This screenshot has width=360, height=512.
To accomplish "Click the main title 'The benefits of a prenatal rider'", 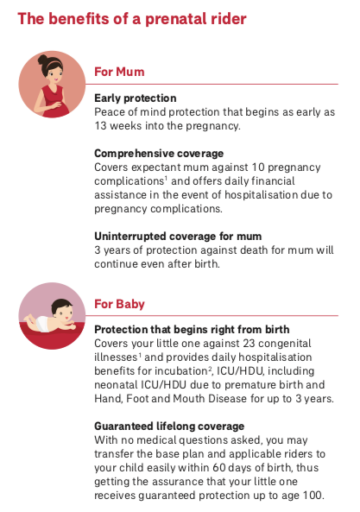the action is tap(132, 19).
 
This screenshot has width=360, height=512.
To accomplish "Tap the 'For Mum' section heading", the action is tap(119, 72).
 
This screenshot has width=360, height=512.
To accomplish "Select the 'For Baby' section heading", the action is tap(119, 304).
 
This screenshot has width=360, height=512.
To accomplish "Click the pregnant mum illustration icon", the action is tap(52, 85).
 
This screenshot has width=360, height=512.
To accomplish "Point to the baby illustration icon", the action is tap(52, 316).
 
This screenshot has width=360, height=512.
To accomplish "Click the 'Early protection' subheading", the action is tap(136, 98).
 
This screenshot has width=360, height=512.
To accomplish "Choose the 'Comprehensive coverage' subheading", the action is tap(159, 154).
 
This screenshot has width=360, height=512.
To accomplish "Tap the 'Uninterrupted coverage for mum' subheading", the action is tap(178, 236).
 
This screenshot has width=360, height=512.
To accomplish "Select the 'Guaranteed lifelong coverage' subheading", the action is tap(169, 427).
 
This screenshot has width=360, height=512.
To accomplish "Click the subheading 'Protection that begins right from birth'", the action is tap(192, 330).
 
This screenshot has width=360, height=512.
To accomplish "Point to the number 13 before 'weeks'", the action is tap(100, 126).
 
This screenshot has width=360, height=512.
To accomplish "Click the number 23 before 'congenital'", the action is tap(249, 344).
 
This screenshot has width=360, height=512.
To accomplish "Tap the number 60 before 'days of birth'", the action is tap(219, 468).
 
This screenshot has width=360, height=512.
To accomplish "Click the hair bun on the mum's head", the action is tap(42, 60).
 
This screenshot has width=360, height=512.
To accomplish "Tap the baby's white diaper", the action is tap(42, 323).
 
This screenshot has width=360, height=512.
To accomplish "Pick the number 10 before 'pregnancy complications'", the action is tap(258, 168).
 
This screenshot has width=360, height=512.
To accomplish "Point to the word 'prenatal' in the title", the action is tap(176, 20).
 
